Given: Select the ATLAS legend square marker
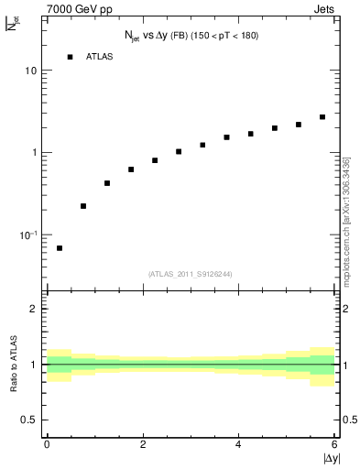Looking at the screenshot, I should pyautogui.click(x=70, y=57).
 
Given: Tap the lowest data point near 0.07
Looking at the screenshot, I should pyautogui.click(x=60, y=248).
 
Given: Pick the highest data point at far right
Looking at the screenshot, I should pyautogui.click(x=322, y=117).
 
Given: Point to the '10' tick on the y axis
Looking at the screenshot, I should pyautogui.click(x=31, y=71).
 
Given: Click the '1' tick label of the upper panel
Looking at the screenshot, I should pyautogui.click(x=35, y=153).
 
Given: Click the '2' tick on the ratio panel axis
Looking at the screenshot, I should pyautogui.click(x=35, y=309).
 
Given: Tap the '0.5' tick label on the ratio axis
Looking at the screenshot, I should pyautogui.click(x=29, y=420).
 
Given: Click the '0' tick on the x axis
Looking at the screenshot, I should pyautogui.click(x=47, y=444).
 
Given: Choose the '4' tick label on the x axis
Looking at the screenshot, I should pyautogui.click(x=239, y=444).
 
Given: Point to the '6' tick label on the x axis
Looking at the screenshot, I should pyautogui.click(x=335, y=444).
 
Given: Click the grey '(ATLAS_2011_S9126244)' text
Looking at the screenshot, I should pyautogui.click(x=191, y=273).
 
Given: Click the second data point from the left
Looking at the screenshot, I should pyautogui.click(x=83, y=206).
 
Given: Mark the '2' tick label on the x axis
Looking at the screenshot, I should pyautogui.click(x=143, y=444).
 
